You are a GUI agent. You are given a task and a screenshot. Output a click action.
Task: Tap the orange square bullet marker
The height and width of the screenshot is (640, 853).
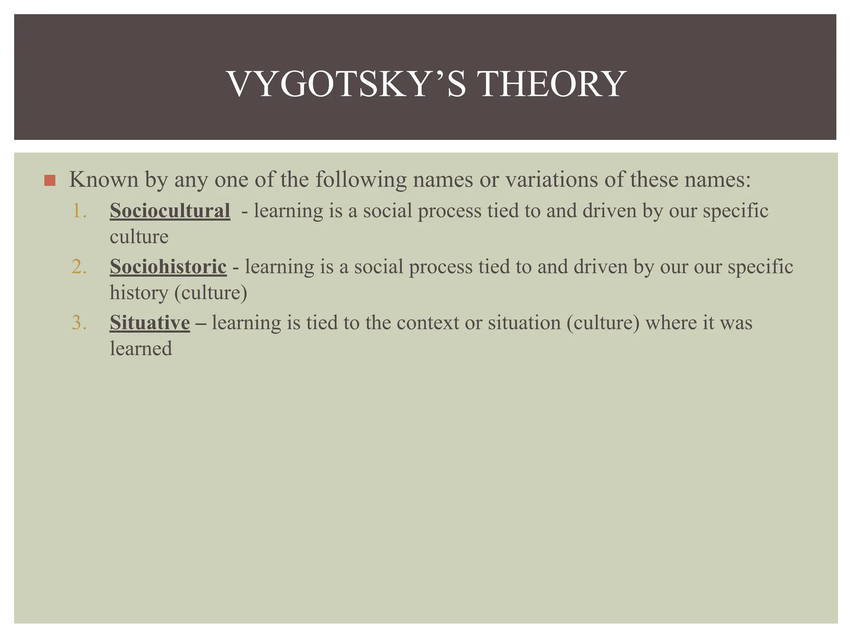tap(50, 180)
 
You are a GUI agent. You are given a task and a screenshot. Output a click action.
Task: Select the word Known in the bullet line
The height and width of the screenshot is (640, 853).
tap(103, 180)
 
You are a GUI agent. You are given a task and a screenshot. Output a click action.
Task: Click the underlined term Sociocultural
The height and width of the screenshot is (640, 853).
tap(170, 211)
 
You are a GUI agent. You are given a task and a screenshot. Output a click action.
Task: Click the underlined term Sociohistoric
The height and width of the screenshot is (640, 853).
tap(168, 267)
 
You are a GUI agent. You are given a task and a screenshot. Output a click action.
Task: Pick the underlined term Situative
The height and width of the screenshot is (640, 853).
tap(150, 323)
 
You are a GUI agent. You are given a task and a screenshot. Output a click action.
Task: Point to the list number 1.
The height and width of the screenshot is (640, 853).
tap(79, 211)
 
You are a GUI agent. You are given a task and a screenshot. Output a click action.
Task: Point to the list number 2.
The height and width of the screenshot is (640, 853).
tap(79, 267)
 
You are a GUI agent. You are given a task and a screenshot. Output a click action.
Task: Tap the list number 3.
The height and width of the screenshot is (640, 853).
tap(79, 323)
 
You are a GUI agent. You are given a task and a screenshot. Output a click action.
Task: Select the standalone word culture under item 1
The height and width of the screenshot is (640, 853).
tap(139, 237)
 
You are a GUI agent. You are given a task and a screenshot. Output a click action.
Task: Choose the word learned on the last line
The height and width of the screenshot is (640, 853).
tap(141, 349)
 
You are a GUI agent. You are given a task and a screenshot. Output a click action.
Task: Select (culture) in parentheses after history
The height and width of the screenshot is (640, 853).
tap(211, 292)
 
